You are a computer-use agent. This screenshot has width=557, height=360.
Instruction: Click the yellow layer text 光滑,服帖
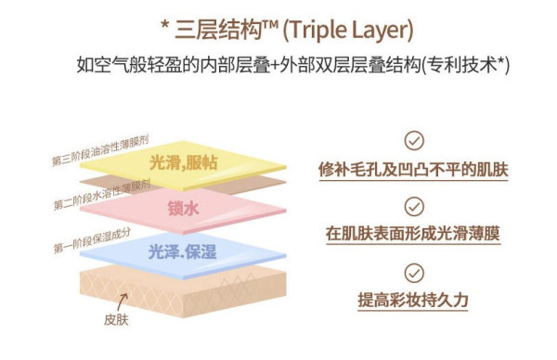(x=183, y=163)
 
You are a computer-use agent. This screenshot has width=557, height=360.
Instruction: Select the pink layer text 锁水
(x=183, y=208)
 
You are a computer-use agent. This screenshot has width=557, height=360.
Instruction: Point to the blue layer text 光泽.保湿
(x=182, y=252)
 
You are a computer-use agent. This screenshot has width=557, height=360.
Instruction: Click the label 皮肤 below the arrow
(x=116, y=319)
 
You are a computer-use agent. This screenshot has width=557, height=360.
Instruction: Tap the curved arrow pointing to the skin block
(x=122, y=302)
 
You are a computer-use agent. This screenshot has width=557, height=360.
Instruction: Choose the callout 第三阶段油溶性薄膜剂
(x=100, y=150)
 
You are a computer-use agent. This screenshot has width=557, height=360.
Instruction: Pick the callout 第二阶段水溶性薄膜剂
(x=102, y=195)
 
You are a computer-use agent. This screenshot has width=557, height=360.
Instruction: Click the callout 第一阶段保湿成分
(x=92, y=240)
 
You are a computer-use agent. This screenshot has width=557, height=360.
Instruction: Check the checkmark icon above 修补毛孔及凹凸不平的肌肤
(x=414, y=141)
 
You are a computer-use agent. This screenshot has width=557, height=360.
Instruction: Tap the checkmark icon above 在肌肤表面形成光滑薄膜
(x=414, y=207)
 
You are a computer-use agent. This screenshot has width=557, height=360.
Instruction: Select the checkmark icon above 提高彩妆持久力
(x=414, y=273)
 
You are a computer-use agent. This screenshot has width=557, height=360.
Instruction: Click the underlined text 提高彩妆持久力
(x=413, y=300)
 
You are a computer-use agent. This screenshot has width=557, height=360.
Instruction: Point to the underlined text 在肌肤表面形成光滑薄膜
(x=413, y=234)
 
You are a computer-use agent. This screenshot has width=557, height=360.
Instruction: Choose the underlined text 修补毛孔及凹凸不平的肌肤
(x=413, y=170)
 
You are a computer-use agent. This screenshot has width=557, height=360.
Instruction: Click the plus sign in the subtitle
(x=275, y=66)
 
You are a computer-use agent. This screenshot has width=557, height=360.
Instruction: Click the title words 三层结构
(x=218, y=30)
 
